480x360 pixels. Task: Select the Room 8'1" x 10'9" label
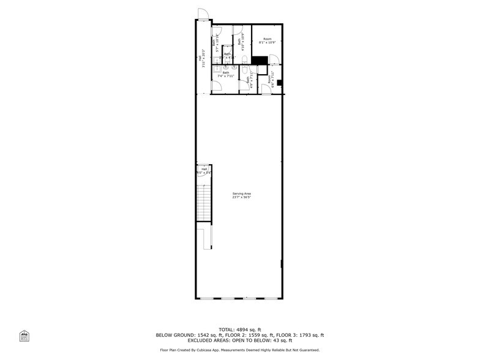pyautogui.click(x=268, y=40)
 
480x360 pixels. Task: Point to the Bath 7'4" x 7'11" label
pyautogui.click(x=226, y=75)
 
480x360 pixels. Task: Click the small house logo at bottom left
pyautogui.click(x=24, y=336)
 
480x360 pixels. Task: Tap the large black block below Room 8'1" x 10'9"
pyautogui.click(x=260, y=60)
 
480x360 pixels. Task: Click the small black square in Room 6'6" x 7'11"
pyautogui.click(x=279, y=83)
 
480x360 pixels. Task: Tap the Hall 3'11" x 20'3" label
pyautogui.click(x=201, y=61)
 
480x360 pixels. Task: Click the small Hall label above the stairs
pyautogui.click(x=204, y=171)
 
